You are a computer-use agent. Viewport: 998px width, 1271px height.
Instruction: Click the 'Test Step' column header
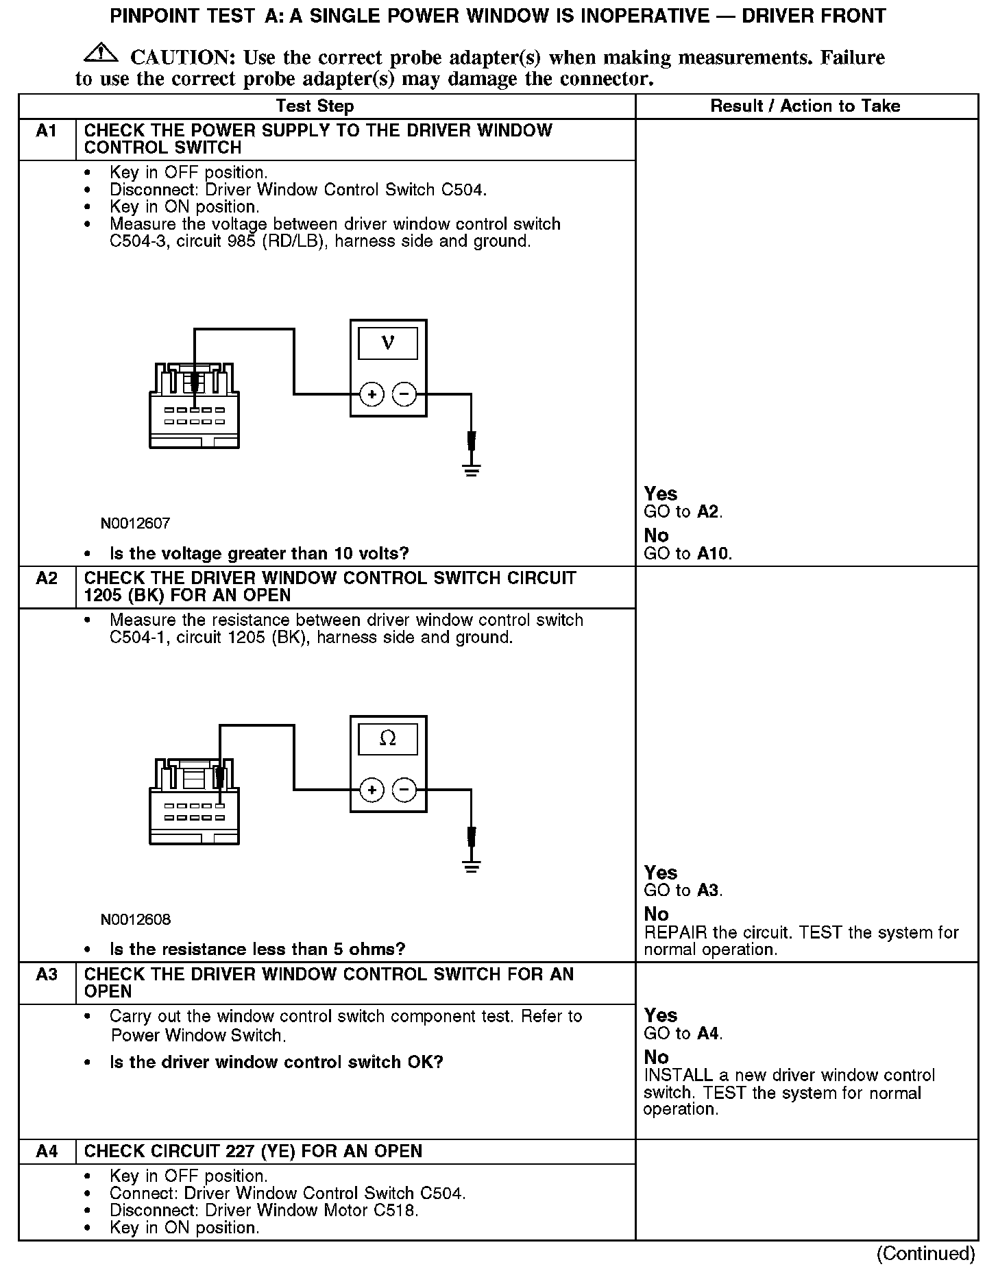(315, 106)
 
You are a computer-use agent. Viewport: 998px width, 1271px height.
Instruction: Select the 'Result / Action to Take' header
(805, 106)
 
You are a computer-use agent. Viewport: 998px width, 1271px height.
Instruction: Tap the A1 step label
(47, 131)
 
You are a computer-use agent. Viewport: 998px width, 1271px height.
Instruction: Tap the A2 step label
(47, 579)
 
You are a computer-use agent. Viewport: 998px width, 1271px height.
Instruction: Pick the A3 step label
(47, 974)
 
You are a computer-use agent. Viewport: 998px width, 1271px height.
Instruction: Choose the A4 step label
(47, 1151)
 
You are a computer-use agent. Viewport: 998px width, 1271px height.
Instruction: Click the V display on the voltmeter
(388, 343)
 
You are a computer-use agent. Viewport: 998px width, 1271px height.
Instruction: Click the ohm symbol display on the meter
(388, 739)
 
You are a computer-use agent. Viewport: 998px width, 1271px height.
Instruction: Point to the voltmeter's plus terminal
(372, 394)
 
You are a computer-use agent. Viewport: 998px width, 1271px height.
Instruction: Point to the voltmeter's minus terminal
(404, 394)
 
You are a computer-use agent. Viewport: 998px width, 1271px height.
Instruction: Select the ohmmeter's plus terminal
(372, 790)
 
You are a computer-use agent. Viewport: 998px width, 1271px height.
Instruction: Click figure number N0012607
(136, 524)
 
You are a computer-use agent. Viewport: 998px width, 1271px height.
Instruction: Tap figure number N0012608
(136, 919)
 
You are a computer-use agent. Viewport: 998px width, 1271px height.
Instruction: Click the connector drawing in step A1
(195, 408)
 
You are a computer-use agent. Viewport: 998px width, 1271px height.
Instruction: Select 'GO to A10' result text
(688, 554)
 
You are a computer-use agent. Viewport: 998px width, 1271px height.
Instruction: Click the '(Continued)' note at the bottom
(925, 1253)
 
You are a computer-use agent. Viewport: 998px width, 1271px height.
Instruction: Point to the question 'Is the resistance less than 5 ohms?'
(257, 949)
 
